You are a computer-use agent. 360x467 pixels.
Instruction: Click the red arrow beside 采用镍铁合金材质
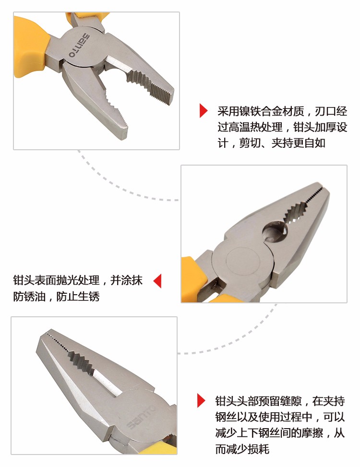(x=204, y=111)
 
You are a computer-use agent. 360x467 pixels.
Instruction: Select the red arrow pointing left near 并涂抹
(x=157, y=281)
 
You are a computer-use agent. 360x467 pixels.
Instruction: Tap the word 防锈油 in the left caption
(x=29, y=296)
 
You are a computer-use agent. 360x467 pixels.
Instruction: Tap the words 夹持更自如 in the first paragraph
(x=298, y=143)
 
